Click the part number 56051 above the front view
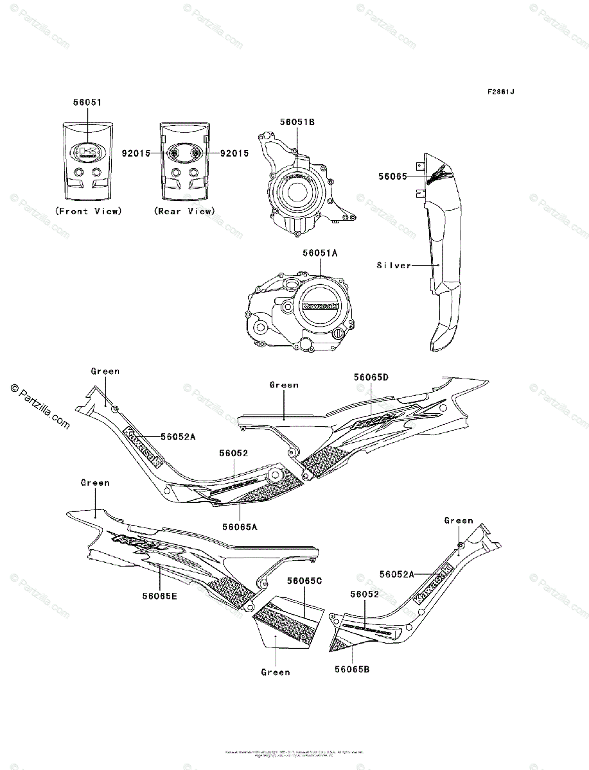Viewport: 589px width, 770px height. (x=87, y=102)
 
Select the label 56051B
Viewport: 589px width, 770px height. (x=297, y=121)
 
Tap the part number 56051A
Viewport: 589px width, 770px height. (x=320, y=253)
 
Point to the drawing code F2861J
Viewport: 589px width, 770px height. (x=500, y=92)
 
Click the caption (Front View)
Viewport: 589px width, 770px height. (x=88, y=211)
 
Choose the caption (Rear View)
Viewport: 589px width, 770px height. (x=185, y=211)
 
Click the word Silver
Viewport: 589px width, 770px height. (x=394, y=265)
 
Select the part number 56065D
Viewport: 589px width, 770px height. (x=371, y=377)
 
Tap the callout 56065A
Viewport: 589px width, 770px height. (x=240, y=526)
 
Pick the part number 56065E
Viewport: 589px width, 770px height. (x=160, y=595)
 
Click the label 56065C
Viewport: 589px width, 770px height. (x=304, y=580)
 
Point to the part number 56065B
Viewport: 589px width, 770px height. (x=351, y=669)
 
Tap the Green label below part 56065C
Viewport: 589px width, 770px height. (x=276, y=672)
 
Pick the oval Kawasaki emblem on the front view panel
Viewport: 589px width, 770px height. (x=87, y=152)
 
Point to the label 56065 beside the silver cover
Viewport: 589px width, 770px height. (x=393, y=175)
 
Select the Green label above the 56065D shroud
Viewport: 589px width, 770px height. (x=284, y=385)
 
